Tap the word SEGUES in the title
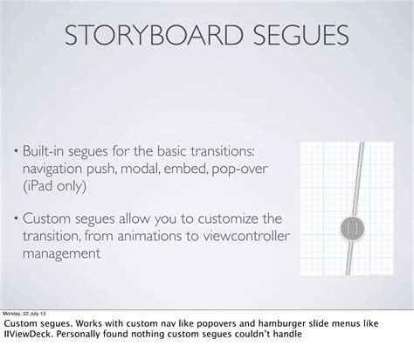tap(294, 38)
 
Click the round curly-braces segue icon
tap(349, 228)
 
